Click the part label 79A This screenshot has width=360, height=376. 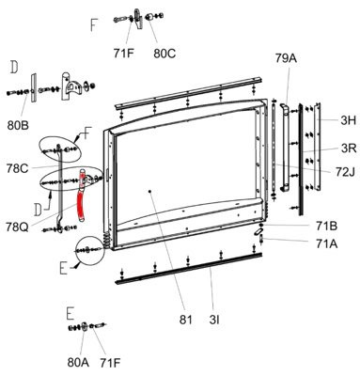pos(286,58)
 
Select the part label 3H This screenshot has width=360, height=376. pos(349,120)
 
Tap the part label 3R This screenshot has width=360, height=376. pos(349,148)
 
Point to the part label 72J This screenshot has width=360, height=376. pos(345,171)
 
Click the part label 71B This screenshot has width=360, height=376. pos(326,226)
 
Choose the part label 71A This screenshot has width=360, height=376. pos(326,243)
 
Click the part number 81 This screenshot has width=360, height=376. pos(186,320)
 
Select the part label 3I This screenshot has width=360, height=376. pos(214,320)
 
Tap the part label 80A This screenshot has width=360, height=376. pos(78,363)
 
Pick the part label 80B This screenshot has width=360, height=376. pos(18,125)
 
